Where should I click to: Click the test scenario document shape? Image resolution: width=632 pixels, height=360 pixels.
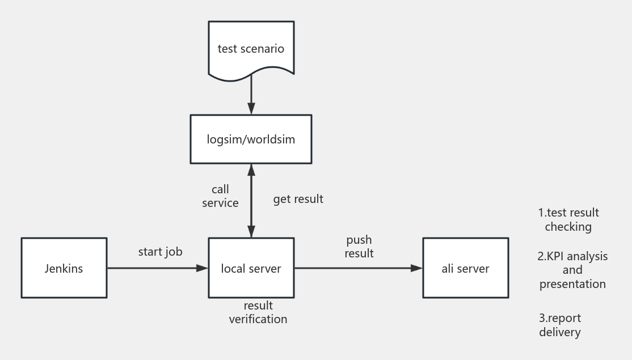point(251,48)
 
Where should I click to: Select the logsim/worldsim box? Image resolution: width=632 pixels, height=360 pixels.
point(251,139)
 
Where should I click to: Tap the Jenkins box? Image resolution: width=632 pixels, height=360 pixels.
point(64,268)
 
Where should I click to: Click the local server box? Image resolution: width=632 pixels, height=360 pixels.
point(251,268)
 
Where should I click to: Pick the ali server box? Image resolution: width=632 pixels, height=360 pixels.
point(465,268)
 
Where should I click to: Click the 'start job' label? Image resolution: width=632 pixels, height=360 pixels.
point(161,252)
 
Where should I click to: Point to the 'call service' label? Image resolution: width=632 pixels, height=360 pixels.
point(221,196)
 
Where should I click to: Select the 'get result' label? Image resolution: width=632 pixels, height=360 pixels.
point(298,199)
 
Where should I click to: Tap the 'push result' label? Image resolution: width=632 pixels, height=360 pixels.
point(359,247)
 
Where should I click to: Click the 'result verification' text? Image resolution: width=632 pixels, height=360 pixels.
point(258,312)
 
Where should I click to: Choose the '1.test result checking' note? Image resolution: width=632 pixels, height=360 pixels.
point(568,220)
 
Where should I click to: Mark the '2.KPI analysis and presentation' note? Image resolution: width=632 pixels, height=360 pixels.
point(572,270)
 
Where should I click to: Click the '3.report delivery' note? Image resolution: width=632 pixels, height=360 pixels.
point(560,325)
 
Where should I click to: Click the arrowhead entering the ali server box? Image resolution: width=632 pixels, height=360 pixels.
point(418,268)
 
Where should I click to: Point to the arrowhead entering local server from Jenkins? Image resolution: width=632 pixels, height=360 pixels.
point(203,268)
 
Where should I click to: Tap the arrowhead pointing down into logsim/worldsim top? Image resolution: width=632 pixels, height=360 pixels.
point(251,109)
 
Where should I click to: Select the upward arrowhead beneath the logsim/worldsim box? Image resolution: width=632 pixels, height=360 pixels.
point(251,170)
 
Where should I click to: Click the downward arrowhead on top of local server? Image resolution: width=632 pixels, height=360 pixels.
point(251,231)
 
